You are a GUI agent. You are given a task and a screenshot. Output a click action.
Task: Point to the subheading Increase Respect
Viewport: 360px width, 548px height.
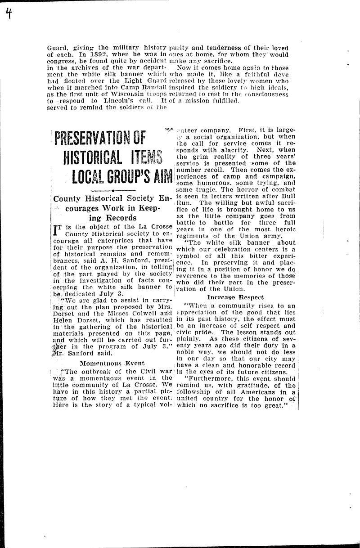coord(235,297)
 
